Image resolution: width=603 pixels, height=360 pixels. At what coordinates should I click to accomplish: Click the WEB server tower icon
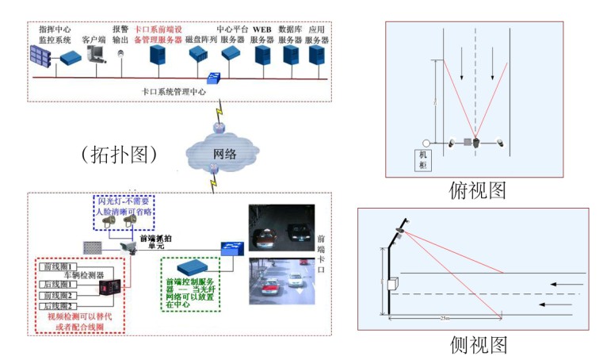(262, 55)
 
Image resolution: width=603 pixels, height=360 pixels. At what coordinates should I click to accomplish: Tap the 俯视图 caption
(477, 190)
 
